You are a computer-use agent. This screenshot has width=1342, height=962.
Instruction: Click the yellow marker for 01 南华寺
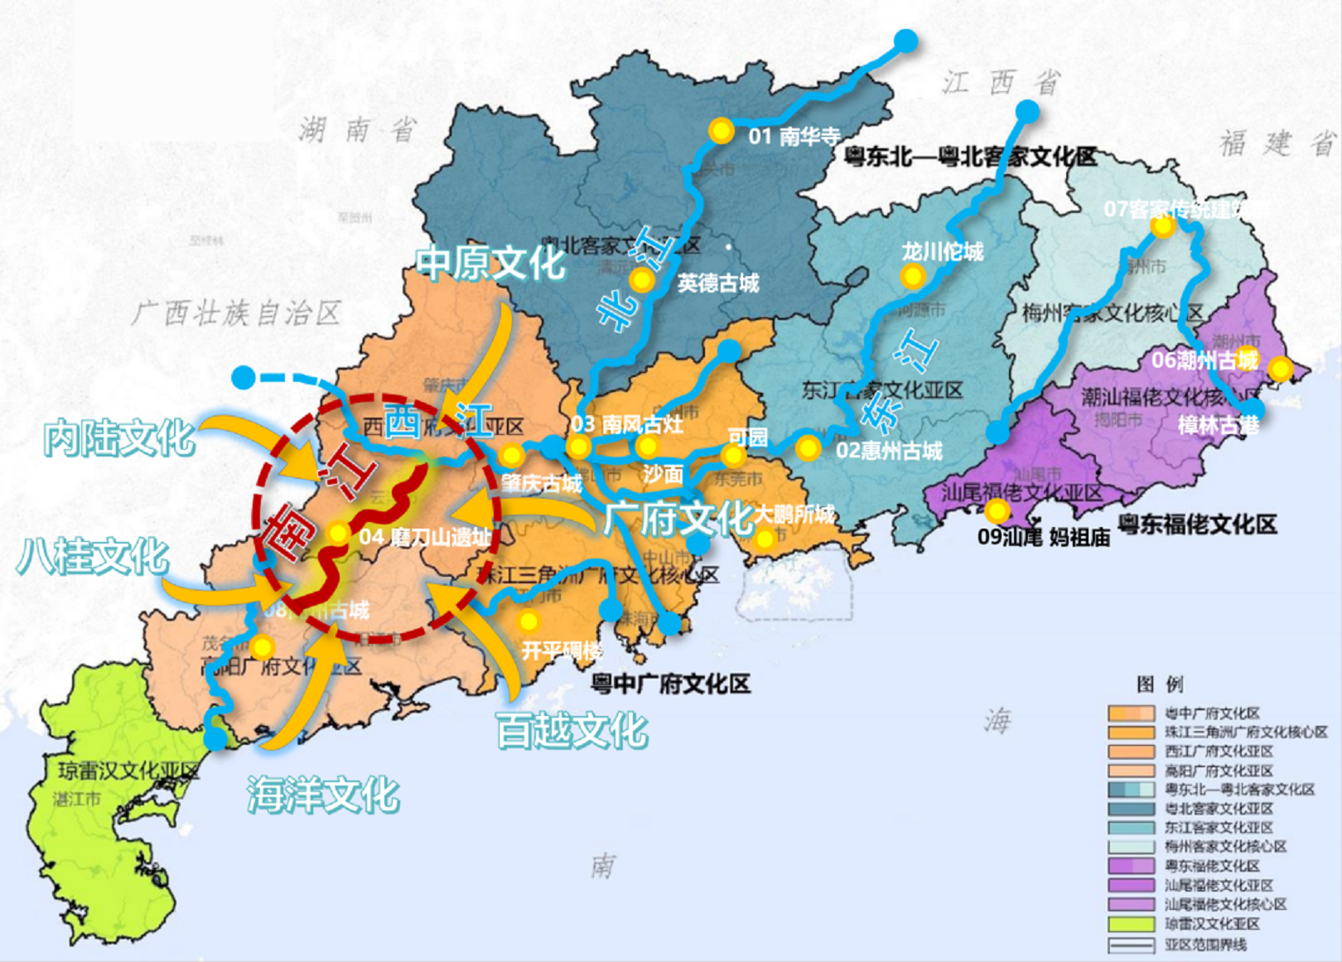click(x=721, y=131)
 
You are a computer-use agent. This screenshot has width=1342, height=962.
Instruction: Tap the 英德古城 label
click(x=717, y=283)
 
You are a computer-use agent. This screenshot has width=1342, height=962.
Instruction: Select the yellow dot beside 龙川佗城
click(x=912, y=276)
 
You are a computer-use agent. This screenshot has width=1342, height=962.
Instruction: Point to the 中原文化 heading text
click(x=490, y=263)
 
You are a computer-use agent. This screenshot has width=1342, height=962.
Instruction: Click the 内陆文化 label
click(x=119, y=437)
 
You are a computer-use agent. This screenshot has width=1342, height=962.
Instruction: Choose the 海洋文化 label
click(x=323, y=795)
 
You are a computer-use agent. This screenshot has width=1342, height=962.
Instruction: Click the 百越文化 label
click(x=572, y=730)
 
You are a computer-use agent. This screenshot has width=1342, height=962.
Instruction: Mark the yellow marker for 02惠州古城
click(x=808, y=448)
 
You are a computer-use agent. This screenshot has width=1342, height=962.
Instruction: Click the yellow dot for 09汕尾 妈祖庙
click(x=997, y=510)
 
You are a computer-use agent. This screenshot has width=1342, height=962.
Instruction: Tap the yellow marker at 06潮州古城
click(x=1280, y=368)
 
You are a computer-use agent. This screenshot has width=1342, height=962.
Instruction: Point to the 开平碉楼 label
click(x=562, y=650)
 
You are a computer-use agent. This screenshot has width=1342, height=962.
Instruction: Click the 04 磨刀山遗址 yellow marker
click(x=337, y=534)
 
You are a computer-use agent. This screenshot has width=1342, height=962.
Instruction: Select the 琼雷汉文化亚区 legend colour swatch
click(x=1131, y=923)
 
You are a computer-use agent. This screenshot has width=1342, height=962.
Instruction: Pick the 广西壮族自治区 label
click(x=236, y=313)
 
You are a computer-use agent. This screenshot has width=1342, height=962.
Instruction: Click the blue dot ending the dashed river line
click(x=243, y=378)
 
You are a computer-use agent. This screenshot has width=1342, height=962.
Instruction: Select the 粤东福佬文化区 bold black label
click(x=1196, y=524)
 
